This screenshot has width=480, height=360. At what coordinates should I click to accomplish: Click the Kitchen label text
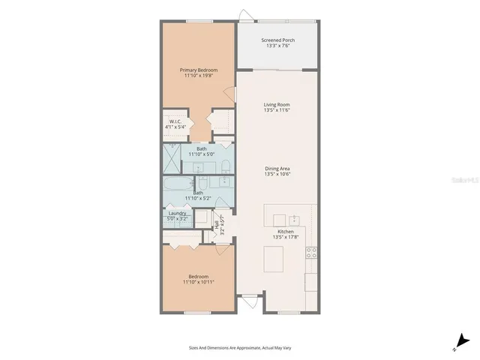[x=286, y=232]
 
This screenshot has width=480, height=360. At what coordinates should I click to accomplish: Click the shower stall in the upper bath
[x=172, y=157]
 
